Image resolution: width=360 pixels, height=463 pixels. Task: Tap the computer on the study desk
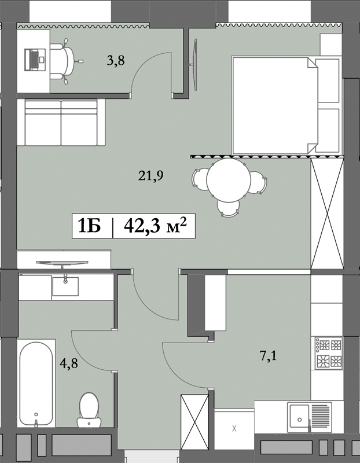(34, 58)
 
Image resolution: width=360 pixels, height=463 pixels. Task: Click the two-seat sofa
(61, 123)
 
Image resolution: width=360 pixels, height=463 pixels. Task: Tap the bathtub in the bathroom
(36, 383)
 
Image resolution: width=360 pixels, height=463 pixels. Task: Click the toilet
(89, 409)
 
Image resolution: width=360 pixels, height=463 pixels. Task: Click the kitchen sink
(301, 416)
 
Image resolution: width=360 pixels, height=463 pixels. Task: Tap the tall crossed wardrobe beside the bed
(328, 213)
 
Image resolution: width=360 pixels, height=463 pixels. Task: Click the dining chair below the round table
(227, 207)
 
